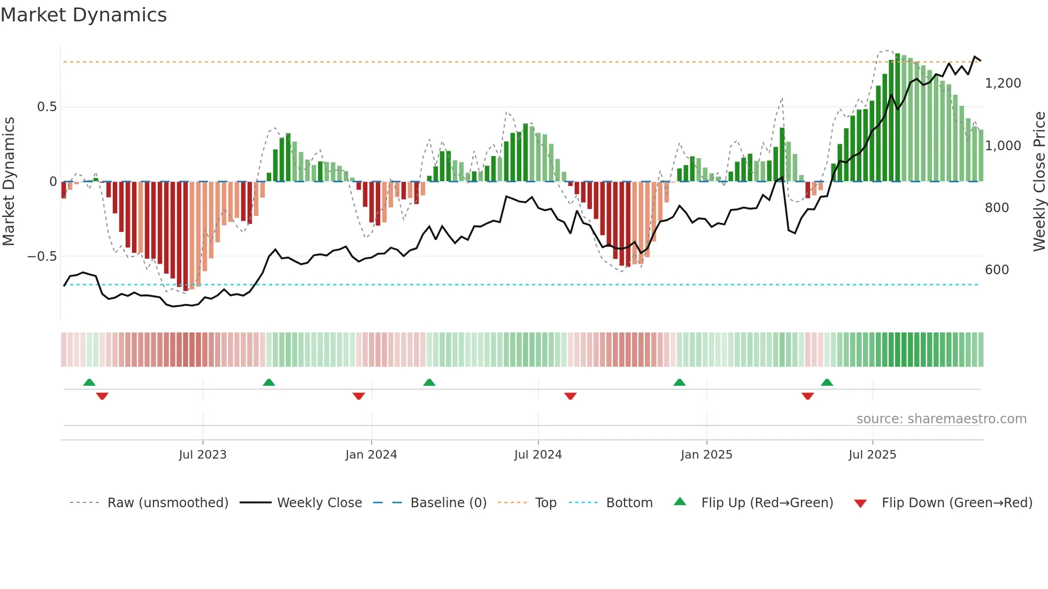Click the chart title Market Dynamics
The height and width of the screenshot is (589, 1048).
click(83, 15)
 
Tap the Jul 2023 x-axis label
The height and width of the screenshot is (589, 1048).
click(203, 455)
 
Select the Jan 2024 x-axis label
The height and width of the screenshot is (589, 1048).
click(371, 455)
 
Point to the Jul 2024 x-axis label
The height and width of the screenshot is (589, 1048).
click(538, 455)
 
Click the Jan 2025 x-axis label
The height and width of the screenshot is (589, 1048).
click(706, 455)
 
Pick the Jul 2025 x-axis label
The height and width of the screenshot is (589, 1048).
click(872, 455)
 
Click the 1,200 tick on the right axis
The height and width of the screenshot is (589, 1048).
click(1003, 83)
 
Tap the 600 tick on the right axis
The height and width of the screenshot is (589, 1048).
click(997, 270)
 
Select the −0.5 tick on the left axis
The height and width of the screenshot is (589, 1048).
click(42, 257)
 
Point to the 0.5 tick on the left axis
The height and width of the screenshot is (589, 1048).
click(47, 107)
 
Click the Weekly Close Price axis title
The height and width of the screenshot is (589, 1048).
click(1039, 181)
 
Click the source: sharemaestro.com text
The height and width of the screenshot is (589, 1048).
click(941, 419)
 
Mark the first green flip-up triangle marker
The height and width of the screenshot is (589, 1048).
click(89, 382)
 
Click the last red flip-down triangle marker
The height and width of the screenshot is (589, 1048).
click(807, 396)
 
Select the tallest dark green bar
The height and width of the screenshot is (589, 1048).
click(897, 118)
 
